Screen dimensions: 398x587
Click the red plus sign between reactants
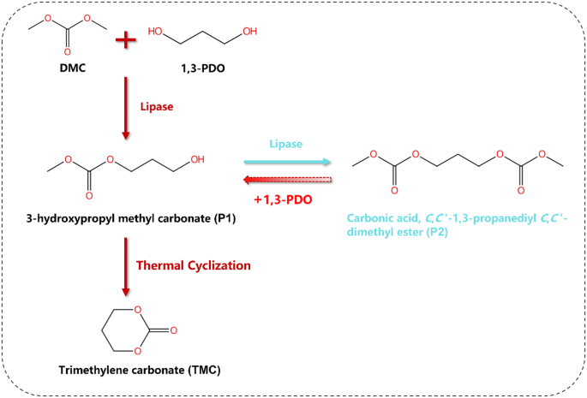[x=126, y=39]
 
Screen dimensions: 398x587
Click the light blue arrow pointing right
[x=286, y=160]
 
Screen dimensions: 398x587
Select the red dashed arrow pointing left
[x=286, y=180]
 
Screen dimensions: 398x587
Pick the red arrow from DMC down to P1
[x=126, y=108]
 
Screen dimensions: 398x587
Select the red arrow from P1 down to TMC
[x=126, y=264]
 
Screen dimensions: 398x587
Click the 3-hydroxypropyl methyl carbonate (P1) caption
[x=119, y=221]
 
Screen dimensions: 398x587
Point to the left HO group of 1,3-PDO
[x=156, y=32]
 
